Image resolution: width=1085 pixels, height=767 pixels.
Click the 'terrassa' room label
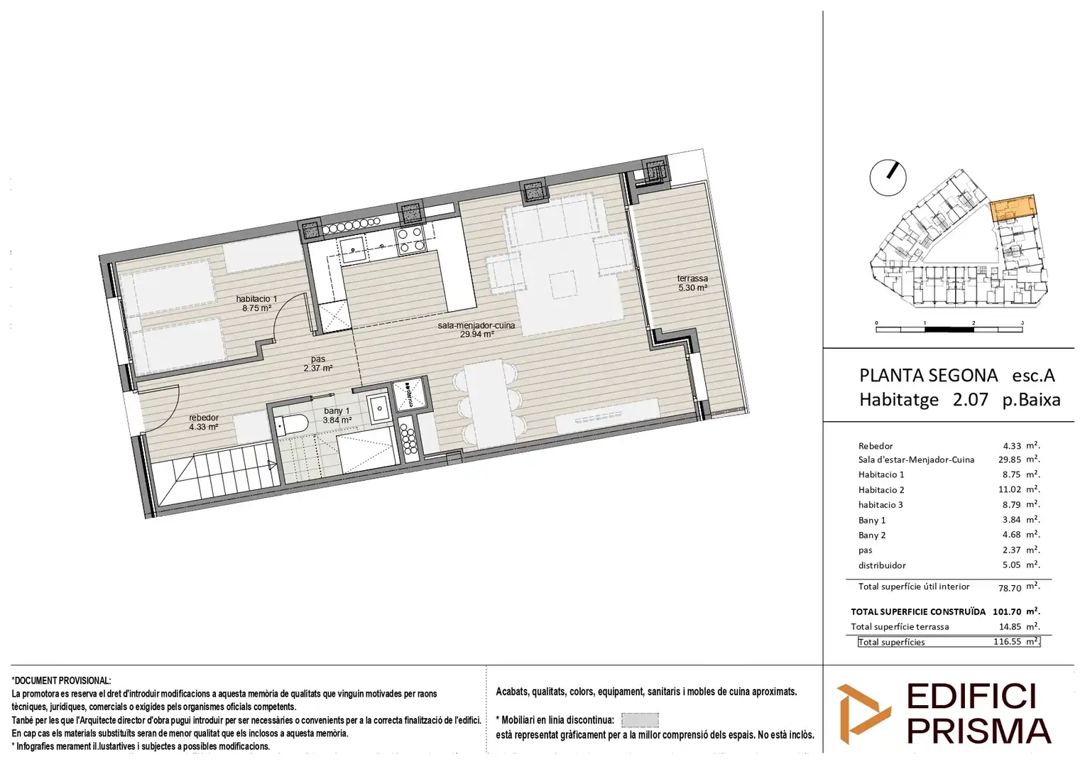pos(692,278)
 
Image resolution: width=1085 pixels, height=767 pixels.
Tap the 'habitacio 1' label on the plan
pos(256,299)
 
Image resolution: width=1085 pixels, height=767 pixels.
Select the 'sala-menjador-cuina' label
pos(476,325)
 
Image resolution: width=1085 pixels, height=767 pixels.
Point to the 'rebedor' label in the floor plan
pos(203,418)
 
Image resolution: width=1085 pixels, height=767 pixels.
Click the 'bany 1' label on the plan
pos(337,411)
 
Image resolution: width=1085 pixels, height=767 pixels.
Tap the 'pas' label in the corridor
pos(317,359)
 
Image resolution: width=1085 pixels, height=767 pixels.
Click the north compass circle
pos(888,178)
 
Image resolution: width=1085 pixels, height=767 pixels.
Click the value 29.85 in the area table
pos(1009,459)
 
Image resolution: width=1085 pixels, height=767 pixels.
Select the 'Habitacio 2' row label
pos(881,490)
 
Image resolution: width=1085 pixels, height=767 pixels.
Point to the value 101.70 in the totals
pos(1006,612)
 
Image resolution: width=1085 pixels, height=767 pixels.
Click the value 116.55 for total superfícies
pos(1007,641)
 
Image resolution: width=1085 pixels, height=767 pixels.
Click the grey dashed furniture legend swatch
pos(640,720)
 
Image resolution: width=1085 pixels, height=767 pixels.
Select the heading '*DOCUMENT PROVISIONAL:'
pos(61,681)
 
